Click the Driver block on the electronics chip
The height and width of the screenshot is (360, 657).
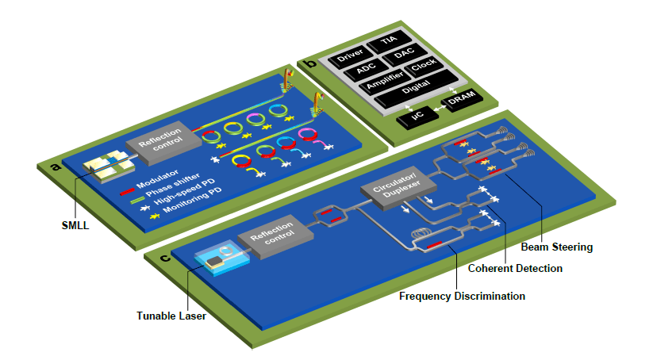350,57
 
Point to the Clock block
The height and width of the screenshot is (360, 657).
425,70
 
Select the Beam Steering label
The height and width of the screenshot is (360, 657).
556,247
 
